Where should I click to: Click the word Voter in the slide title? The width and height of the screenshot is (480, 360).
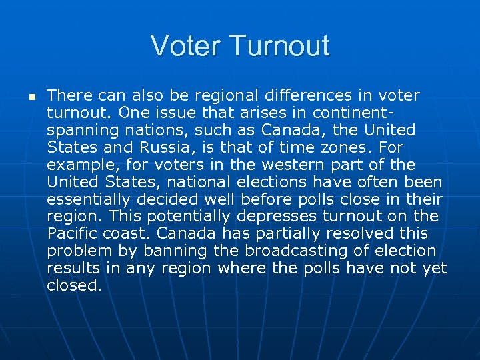(x=187, y=46)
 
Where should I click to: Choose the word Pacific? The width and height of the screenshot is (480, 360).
(x=72, y=233)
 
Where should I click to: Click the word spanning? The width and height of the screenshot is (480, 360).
(x=78, y=129)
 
